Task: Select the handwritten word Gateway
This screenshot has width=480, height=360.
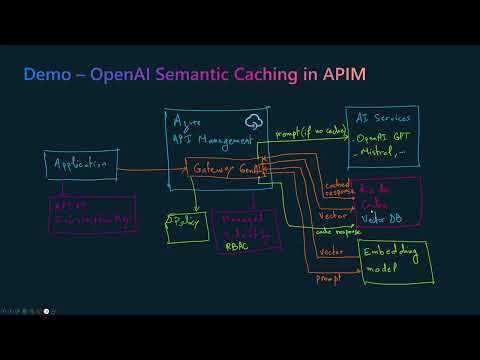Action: pos(214,170)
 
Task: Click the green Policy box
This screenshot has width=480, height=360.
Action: pos(184,223)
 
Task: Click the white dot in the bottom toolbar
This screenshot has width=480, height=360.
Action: pos(46,311)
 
